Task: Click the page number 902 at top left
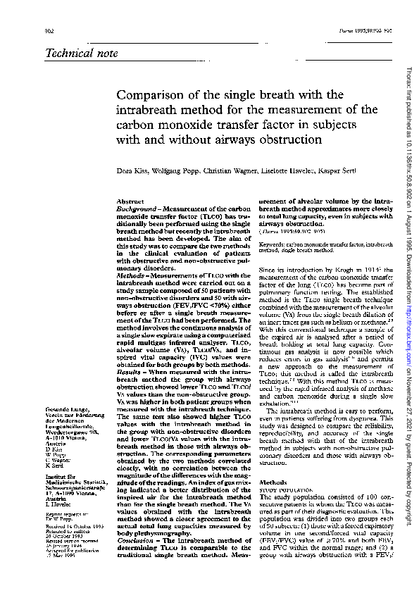[x=50, y=31]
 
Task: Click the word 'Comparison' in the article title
[x=151, y=96]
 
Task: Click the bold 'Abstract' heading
[x=130, y=202]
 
